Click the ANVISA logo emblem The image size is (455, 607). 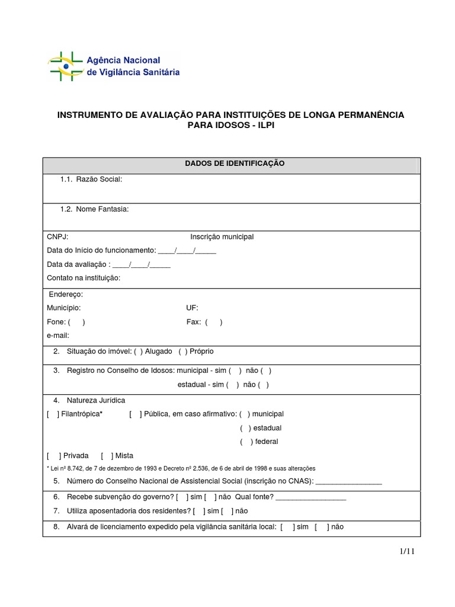point(65,66)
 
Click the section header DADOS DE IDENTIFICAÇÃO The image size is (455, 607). point(231,163)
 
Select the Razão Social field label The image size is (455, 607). point(99,180)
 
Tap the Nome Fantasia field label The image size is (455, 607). point(102,209)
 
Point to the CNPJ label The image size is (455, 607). point(57,237)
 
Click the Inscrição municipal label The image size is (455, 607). point(222,237)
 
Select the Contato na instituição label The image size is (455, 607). point(84,277)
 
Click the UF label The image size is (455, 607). point(192,308)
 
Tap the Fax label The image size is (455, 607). point(194,322)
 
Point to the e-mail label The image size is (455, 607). point(58,336)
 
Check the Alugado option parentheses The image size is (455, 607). point(138,352)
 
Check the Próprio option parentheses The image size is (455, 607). point(183,352)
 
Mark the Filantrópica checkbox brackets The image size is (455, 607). point(53,414)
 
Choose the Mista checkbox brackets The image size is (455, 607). point(107,455)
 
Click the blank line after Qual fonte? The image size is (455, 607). point(311,497)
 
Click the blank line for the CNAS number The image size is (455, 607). point(349,481)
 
